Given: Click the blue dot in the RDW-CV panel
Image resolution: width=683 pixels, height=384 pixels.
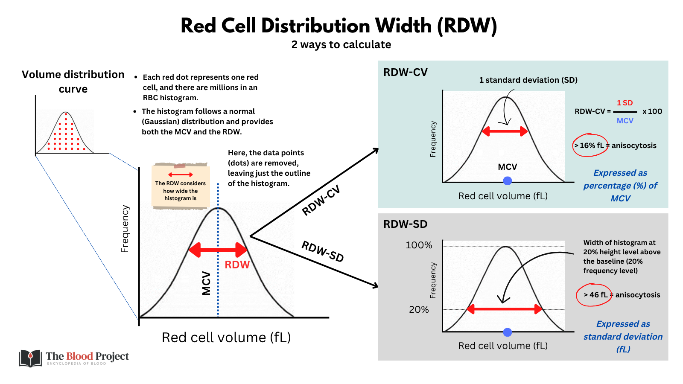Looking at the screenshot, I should click(508, 181).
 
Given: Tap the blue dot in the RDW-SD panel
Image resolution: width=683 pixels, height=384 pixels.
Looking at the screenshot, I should click(508, 332).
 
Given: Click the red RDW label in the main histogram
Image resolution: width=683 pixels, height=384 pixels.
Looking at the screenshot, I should click(237, 265).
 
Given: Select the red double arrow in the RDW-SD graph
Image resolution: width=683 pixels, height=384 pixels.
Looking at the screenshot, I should click(505, 309).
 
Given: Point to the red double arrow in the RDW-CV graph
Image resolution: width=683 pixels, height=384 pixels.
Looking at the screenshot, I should click(505, 131).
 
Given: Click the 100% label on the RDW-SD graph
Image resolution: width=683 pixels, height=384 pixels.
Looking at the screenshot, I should click(419, 245).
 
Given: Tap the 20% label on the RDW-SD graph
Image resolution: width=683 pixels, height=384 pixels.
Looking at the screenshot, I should click(419, 310).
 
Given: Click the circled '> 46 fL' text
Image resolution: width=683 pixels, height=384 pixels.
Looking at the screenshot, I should click(595, 295).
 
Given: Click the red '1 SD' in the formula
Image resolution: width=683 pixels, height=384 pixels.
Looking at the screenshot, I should click(625, 103).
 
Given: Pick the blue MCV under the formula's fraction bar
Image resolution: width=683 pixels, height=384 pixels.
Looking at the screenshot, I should click(625, 121).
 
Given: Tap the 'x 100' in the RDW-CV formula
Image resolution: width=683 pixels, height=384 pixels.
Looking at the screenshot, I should click(652, 111).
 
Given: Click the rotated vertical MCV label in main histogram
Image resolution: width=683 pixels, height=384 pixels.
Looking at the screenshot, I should click(207, 283).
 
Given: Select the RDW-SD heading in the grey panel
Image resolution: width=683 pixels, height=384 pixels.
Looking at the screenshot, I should click(405, 224).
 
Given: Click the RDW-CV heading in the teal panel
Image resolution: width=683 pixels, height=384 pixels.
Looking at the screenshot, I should click(405, 73).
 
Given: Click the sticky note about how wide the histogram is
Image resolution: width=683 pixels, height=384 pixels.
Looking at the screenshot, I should click(181, 187).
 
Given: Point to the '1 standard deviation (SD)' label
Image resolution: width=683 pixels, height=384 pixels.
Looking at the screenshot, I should click(528, 80).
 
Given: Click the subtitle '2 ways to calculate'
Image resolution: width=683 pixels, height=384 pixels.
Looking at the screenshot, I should click(341, 45).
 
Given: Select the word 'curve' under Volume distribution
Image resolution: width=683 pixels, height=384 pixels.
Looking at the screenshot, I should click(73, 89).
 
